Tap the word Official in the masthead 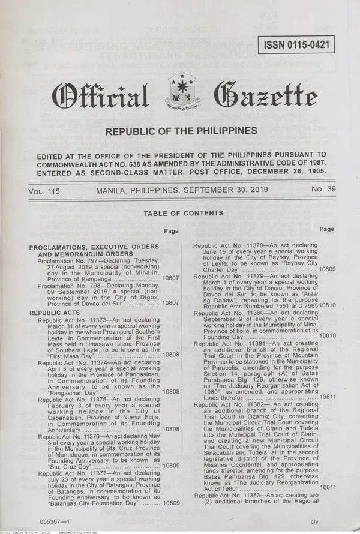click(x=101, y=95)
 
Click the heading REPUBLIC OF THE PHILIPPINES click(x=181, y=131)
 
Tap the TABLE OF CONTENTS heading click(x=184, y=214)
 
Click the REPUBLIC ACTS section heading click(x=63, y=313)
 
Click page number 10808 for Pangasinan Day click(x=171, y=392)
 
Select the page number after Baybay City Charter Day click(x=328, y=269)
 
